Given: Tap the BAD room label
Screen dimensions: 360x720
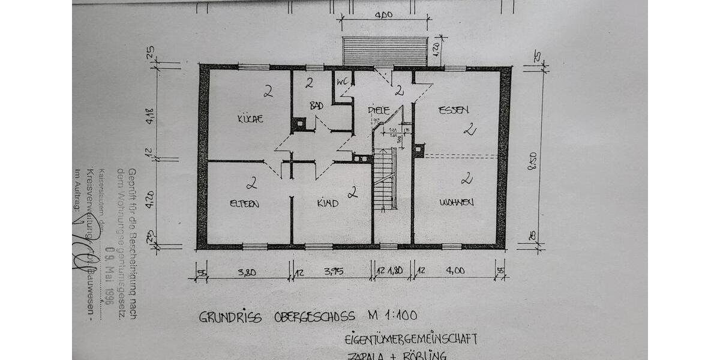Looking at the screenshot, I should click(x=316, y=106).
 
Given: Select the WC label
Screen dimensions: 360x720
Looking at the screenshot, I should click(x=343, y=82).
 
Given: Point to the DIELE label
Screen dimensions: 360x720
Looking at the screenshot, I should click(x=379, y=110).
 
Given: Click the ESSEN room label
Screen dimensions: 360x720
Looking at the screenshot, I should click(x=453, y=110).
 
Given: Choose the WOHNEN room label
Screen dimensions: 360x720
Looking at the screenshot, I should click(x=456, y=202).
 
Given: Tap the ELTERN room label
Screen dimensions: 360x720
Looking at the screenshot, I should click(x=244, y=203).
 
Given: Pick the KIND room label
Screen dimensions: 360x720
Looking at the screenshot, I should click(x=328, y=203).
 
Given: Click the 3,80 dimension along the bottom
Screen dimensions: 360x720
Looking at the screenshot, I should click(x=246, y=272).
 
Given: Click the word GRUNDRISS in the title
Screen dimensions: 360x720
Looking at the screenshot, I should click(x=230, y=317).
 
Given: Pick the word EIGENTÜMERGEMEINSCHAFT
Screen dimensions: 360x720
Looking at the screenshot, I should click(x=411, y=339).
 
